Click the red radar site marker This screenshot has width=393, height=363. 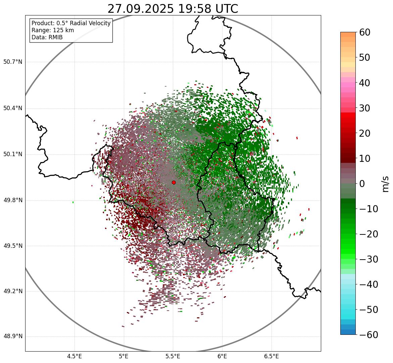(x=174, y=182)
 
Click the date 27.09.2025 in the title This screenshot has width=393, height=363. (x=140, y=9)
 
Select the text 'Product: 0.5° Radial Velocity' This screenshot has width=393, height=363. (x=71, y=23)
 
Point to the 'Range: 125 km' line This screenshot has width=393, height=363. (x=53, y=30)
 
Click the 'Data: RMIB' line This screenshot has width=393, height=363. (x=47, y=37)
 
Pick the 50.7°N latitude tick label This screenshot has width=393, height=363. (x=13, y=62)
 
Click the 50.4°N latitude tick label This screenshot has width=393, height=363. (x=13, y=108)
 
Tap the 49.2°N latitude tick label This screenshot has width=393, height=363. (x=13, y=291)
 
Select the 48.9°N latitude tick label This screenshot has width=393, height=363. (x=13, y=336)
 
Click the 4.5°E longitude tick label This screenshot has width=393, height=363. (x=75, y=356)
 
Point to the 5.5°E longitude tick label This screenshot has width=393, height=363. (x=173, y=356)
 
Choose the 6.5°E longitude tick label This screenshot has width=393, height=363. (x=271, y=356)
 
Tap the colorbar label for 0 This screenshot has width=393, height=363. (x=362, y=184)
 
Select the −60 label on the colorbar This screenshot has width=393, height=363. (x=369, y=335)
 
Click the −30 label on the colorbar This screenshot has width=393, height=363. (x=369, y=259)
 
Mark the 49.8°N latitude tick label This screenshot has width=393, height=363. (x=13, y=200)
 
